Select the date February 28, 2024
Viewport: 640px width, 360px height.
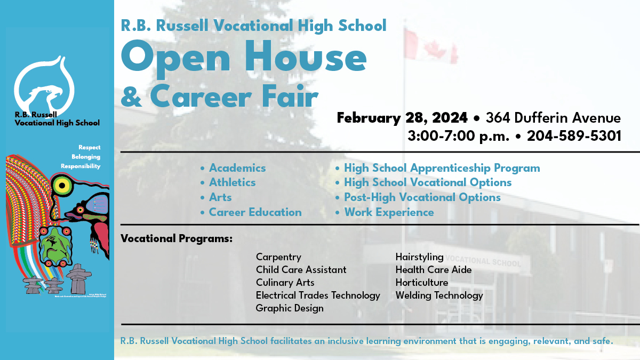pos(402,117)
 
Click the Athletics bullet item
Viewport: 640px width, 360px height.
pos(232,182)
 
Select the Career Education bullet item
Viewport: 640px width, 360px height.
pos(255,212)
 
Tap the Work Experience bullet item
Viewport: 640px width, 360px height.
pos(389,212)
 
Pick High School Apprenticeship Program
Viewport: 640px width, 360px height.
pos(442,168)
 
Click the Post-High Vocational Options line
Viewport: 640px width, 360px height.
pos(422,197)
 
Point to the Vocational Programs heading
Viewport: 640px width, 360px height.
pos(177,238)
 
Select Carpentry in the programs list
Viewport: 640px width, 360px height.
pos(278,257)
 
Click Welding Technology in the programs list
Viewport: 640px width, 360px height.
pos(439,295)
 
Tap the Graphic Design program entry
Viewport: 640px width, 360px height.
pos(290,308)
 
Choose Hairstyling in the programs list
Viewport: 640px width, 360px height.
pos(419,257)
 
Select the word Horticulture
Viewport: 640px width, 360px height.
pos(421,282)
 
